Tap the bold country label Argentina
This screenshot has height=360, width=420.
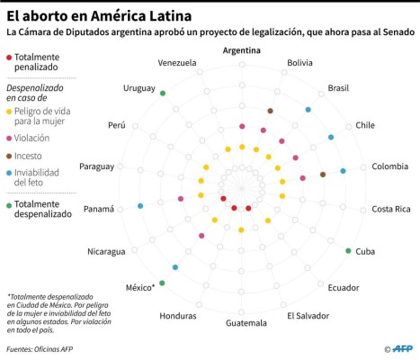pyautogui.click(x=242, y=50)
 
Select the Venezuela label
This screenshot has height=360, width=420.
pyautogui.click(x=176, y=63)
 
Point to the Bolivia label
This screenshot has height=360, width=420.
pyautogui.click(x=300, y=63)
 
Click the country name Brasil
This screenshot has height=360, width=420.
pyautogui.click(x=338, y=87)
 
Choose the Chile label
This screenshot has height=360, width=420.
pyautogui.click(x=365, y=125)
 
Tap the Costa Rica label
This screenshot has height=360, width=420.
pyautogui.click(x=391, y=209)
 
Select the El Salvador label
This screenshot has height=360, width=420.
pyautogui.click(x=307, y=316)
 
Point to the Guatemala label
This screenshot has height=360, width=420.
pyautogui.click(x=246, y=323)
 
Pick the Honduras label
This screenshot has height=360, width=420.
pyautogui.click(x=177, y=316)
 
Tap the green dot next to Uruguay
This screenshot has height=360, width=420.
pyautogui.click(x=162, y=93)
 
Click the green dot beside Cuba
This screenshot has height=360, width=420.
pyautogui.click(x=348, y=250)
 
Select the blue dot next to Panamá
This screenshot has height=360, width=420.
pyautogui.click(x=140, y=207)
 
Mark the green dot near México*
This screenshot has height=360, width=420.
pyautogui.click(x=162, y=283)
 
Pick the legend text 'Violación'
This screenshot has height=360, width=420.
pyautogui.click(x=32, y=138)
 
